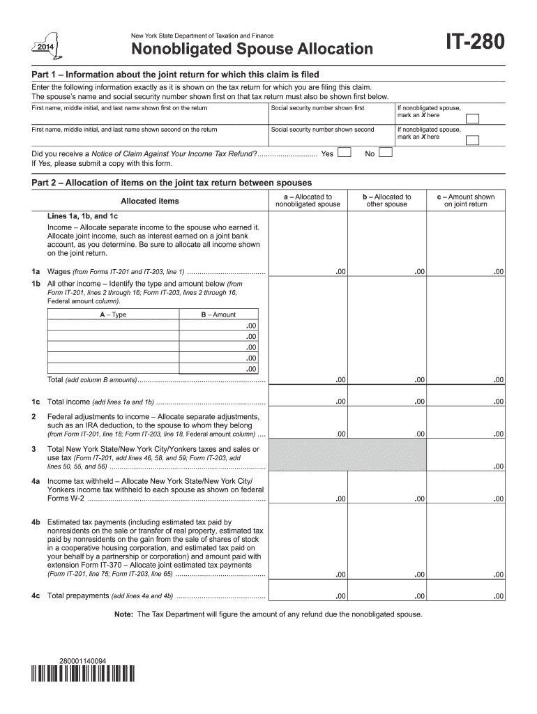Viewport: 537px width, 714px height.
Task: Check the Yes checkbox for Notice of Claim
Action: (x=344, y=153)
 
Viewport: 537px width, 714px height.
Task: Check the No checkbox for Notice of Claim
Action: (x=385, y=153)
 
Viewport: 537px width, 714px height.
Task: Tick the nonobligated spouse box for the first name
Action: (x=472, y=118)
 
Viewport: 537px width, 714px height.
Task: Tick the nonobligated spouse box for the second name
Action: (x=472, y=139)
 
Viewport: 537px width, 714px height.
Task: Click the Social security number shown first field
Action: (x=330, y=117)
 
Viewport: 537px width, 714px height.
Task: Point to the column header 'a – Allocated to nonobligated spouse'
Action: (x=308, y=201)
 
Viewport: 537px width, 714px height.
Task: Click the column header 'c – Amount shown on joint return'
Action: (x=465, y=201)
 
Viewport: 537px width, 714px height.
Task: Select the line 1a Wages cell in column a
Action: (x=308, y=270)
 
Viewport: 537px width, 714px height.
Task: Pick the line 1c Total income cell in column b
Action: (x=386, y=401)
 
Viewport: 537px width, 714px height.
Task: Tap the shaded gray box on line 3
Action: (x=347, y=455)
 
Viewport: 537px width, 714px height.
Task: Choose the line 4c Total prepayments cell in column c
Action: (x=465, y=595)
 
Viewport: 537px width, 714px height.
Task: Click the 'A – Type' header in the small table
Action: (x=113, y=314)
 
